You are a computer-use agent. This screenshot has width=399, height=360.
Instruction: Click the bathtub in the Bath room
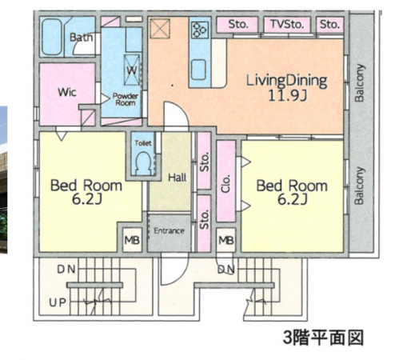(x=52, y=37)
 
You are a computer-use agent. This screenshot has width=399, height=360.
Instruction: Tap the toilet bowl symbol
(x=143, y=163)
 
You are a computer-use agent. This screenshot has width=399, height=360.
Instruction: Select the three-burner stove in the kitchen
(x=200, y=30)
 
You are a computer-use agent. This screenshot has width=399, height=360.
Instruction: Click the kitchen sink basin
(x=198, y=70)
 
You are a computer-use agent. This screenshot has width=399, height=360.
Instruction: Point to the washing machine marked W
(x=132, y=70)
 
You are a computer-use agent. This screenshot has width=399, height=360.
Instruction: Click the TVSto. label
(x=287, y=24)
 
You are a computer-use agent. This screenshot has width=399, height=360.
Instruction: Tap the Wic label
(x=67, y=93)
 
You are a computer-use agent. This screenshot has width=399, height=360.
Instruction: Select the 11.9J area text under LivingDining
(x=287, y=95)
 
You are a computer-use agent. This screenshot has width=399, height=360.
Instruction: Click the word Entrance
(x=169, y=230)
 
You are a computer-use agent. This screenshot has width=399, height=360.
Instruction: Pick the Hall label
(x=178, y=178)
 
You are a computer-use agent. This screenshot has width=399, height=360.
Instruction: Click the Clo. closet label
(x=225, y=184)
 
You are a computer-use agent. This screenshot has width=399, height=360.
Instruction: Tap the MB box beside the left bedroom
(x=132, y=240)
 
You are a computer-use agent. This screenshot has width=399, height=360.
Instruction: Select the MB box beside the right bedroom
(x=226, y=240)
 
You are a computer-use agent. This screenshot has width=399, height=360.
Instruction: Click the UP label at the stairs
(x=58, y=302)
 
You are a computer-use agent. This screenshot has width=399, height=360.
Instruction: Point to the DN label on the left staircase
(x=66, y=270)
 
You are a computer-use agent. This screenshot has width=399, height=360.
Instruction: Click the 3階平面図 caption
(x=323, y=338)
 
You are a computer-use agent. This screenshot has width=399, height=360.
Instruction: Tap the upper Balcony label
(x=359, y=82)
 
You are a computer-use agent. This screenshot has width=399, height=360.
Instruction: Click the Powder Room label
(x=125, y=99)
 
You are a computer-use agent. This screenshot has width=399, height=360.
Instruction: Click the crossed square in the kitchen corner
(x=160, y=28)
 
